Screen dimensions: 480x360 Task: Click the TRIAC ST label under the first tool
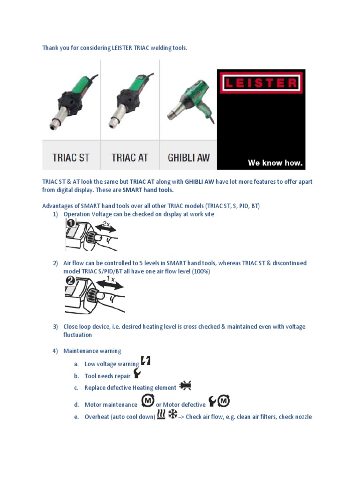(x=71, y=157)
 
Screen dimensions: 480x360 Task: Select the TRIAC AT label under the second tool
(x=129, y=157)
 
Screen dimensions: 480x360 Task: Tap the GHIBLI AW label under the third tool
(x=188, y=157)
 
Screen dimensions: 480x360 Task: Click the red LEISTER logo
(x=260, y=83)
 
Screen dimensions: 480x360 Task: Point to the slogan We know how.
(x=276, y=163)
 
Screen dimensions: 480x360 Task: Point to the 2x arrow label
(x=106, y=224)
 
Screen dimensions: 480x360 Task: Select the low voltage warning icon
(x=145, y=361)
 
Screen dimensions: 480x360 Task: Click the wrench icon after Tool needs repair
(x=137, y=374)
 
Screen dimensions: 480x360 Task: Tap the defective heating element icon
(x=185, y=386)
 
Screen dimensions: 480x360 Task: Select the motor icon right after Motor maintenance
(x=148, y=402)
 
